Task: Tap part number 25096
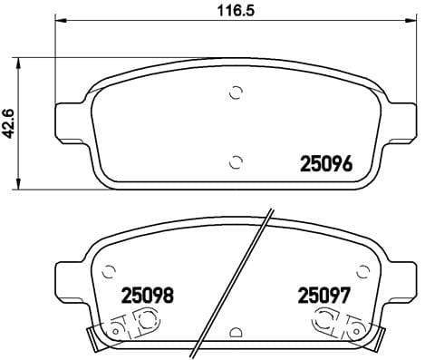pos(324,164)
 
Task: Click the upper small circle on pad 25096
pos(236,92)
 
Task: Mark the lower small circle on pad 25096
pos(236,162)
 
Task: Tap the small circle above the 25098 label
pos(111,269)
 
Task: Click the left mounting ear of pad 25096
pos(69,120)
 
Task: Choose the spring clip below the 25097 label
pos(341,324)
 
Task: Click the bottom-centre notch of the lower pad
pos(236,333)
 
